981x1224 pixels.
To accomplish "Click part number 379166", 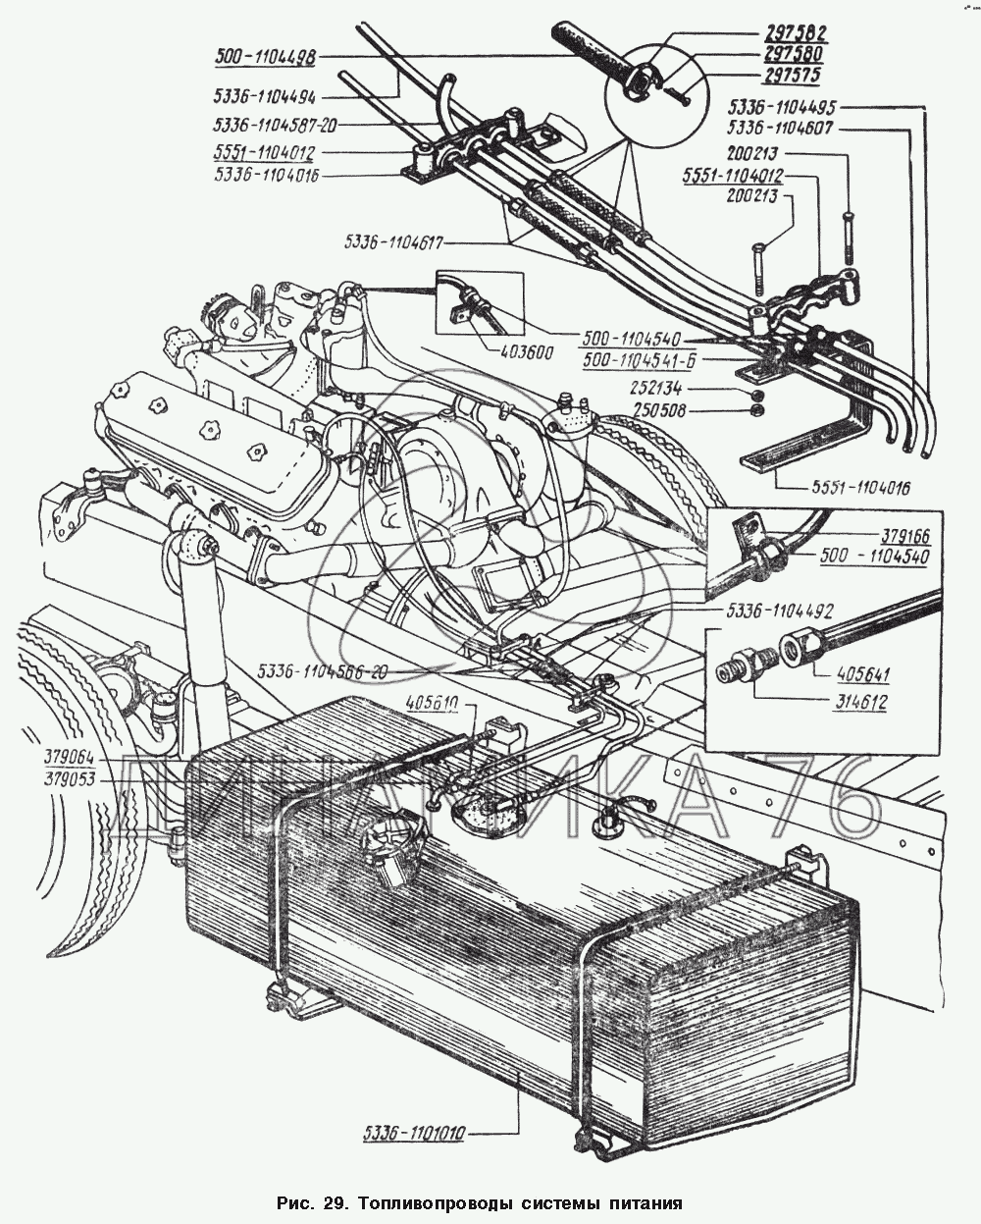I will pos(904,537).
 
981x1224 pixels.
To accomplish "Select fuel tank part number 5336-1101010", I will pos(413,1133).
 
